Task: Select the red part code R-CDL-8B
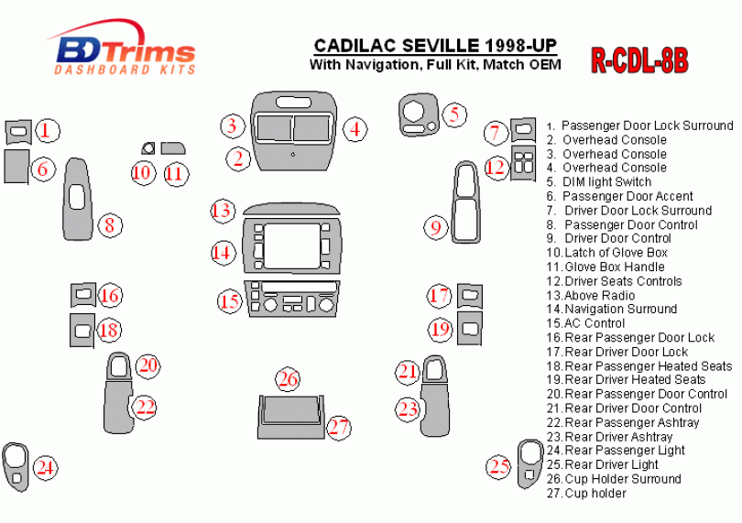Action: [x=638, y=60]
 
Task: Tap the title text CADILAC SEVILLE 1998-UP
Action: [x=434, y=45]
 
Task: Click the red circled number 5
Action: [x=453, y=114]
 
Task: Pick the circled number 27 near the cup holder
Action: [x=340, y=426]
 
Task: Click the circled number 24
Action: [x=46, y=469]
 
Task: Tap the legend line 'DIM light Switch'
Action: [x=606, y=181]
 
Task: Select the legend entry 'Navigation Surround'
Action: [x=620, y=309]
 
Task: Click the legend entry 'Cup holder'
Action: [x=595, y=493]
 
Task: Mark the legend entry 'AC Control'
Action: [x=595, y=322]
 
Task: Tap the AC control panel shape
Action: [x=291, y=301]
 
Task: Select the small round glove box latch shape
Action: [x=147, y=147]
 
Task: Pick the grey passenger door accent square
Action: [x=16, y=169]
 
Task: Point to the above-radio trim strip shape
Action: [x=290, y=209]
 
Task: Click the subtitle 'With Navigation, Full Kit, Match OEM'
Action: [x=435, y=64]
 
